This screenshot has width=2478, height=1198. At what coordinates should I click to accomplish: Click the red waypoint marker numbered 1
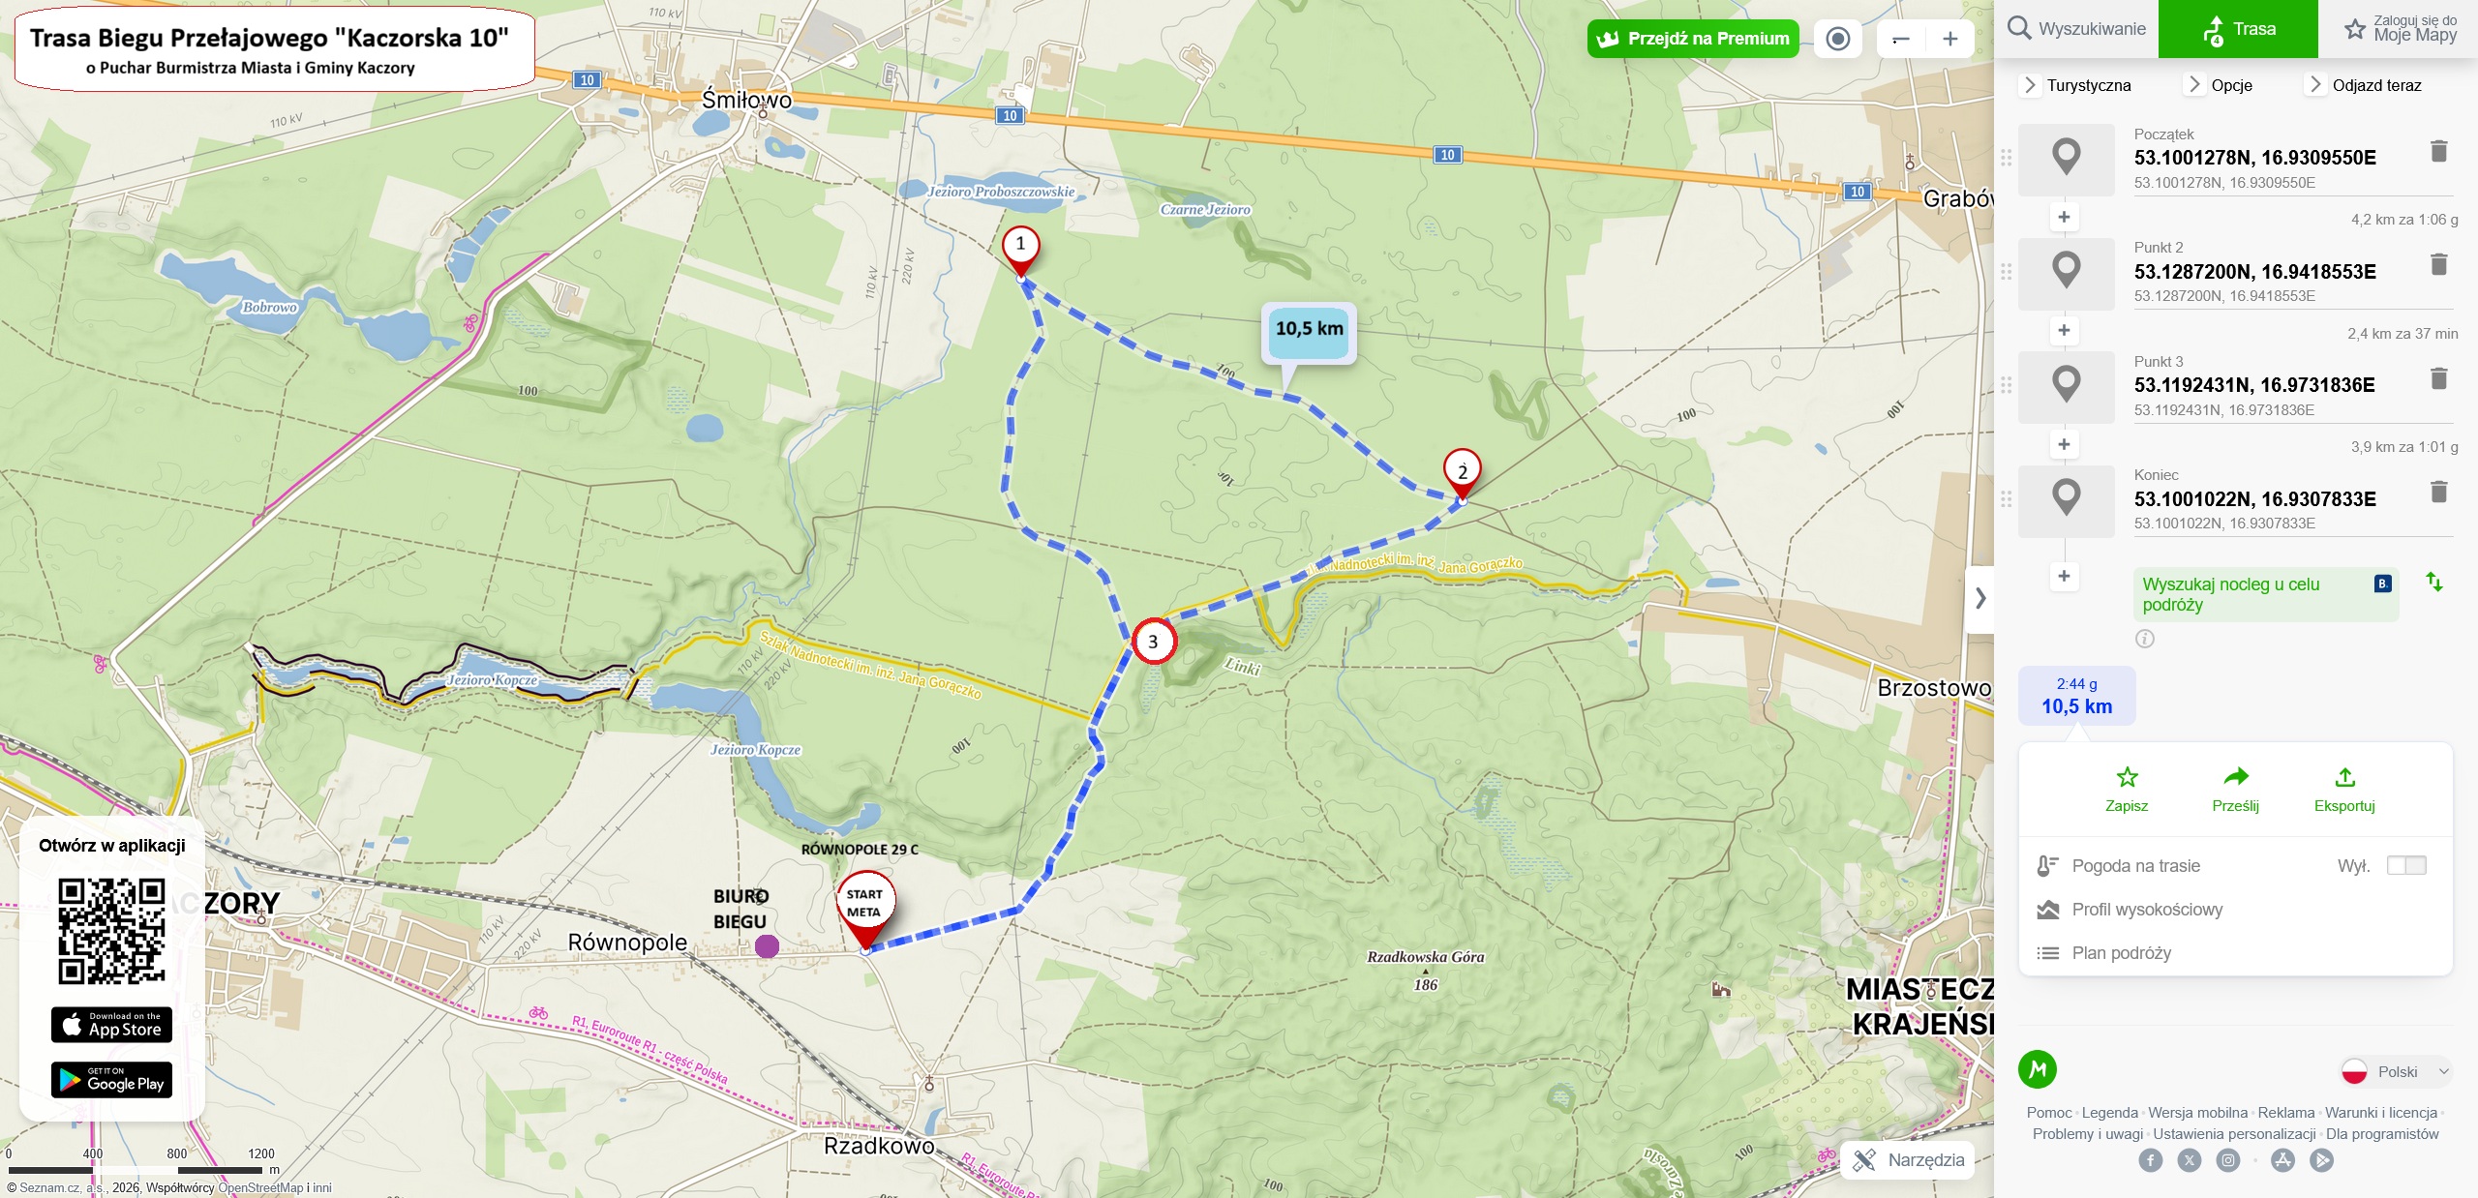(1020, 247)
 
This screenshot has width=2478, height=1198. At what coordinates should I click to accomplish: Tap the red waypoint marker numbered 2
(1462, 470)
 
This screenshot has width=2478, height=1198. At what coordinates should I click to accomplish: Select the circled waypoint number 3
(1153, 641)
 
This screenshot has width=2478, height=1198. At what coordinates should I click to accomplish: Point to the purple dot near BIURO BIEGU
(767, 945)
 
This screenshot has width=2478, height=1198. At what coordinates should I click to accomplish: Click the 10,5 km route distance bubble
(1309, 330)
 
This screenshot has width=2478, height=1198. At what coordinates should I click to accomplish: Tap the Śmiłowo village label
(746, 100)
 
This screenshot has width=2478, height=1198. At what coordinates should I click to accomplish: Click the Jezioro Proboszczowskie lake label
(1001, 192)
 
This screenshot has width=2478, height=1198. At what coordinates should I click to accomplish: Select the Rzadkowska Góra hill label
(1425, 957)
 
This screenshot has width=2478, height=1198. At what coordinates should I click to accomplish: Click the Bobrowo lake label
(269, 308)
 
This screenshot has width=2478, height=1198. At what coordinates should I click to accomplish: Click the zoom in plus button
(1949, 39)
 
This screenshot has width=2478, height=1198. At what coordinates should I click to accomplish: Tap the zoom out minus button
(1900, 39)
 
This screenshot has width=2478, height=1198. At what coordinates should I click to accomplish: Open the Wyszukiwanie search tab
(2075, 29)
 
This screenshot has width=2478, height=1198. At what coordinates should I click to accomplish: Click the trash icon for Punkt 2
(2438, 264)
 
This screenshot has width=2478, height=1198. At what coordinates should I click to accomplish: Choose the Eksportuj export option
(2343, 790)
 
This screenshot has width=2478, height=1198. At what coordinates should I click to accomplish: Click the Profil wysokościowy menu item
(2146, 910)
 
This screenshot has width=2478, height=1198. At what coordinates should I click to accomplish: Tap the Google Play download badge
(111, 1080)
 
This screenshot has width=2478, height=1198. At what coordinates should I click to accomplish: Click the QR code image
(111, 931)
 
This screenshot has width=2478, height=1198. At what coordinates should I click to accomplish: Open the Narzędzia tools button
(1907, 1160)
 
